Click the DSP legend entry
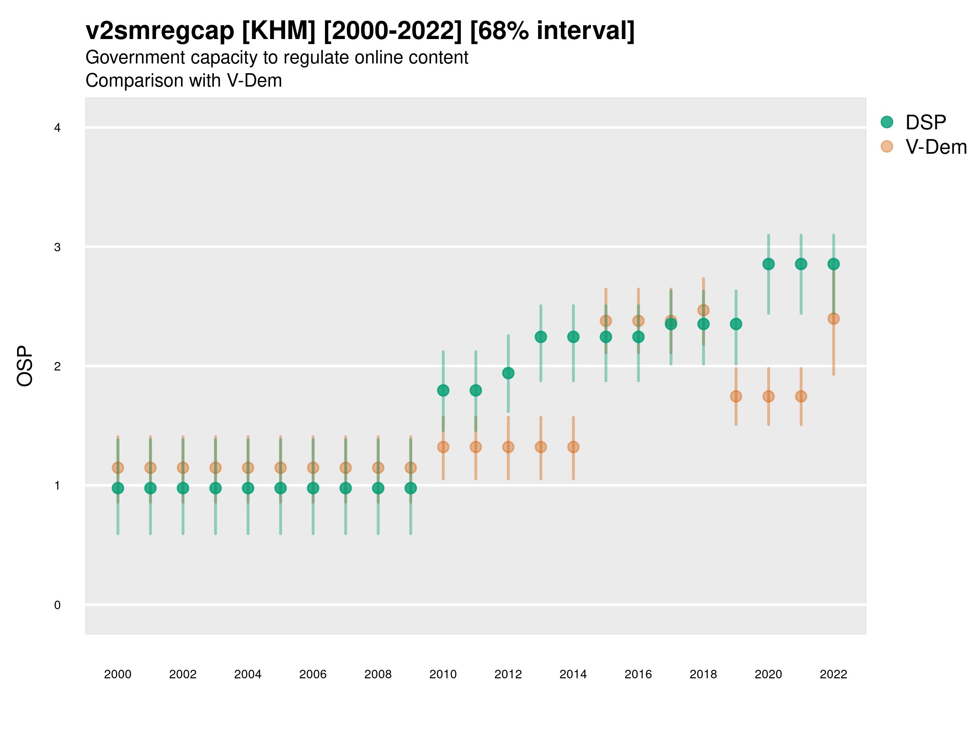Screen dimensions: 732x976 point(925,122)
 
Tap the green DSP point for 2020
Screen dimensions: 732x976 point(768,264)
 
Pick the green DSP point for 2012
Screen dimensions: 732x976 point(508,373)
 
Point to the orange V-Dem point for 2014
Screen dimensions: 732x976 point(573,447)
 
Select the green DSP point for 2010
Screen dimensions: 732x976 point(443,390)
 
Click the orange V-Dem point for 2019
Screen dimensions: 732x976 point(736,396)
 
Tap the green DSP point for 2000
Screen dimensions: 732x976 point(118,488)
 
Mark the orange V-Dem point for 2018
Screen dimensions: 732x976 point(703,310)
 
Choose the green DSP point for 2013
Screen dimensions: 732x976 point(540,337)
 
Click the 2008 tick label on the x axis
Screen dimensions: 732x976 point(378,674)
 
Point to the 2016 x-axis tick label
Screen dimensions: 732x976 point(638,674)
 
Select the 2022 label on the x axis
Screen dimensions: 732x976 point(833,674)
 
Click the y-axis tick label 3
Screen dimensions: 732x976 point(57,247)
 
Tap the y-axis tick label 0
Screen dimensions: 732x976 point(57,605)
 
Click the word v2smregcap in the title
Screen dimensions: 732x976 point(160,31)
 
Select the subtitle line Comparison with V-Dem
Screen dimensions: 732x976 point(183,81)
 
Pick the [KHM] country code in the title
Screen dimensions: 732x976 point(279,31)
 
